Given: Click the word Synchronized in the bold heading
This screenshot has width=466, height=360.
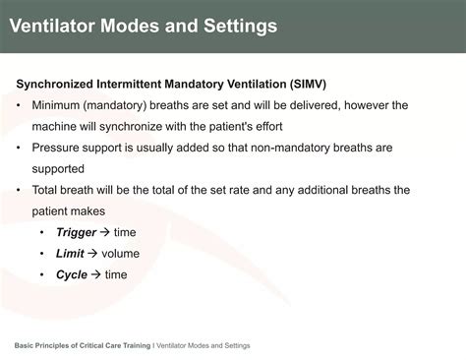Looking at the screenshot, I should pyautogui.click(x=56, y=84).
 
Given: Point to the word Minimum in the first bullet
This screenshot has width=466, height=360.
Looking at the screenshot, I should pyautogui.click(x=60, y=105).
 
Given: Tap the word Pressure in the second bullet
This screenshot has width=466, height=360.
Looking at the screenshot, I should pyautogui.click(x=57, y=148).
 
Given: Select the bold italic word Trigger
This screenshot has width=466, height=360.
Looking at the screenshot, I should pyautogui.click(x=76, y=232).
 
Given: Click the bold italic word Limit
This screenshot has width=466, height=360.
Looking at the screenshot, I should pyautogui.click(x=70, y=254).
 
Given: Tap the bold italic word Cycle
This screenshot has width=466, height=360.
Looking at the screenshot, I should pyautogui.click(x=72, y=274).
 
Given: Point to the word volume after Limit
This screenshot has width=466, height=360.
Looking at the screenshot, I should pyautogui.click(x=120, y=254).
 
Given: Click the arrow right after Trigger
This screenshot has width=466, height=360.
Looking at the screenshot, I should pyautogui.click(x=104, y=232).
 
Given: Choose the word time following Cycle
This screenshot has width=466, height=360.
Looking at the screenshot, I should pyautogui.click(x=116, y=274).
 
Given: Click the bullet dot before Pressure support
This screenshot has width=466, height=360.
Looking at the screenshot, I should pyautogui.click(x=21, y=148).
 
